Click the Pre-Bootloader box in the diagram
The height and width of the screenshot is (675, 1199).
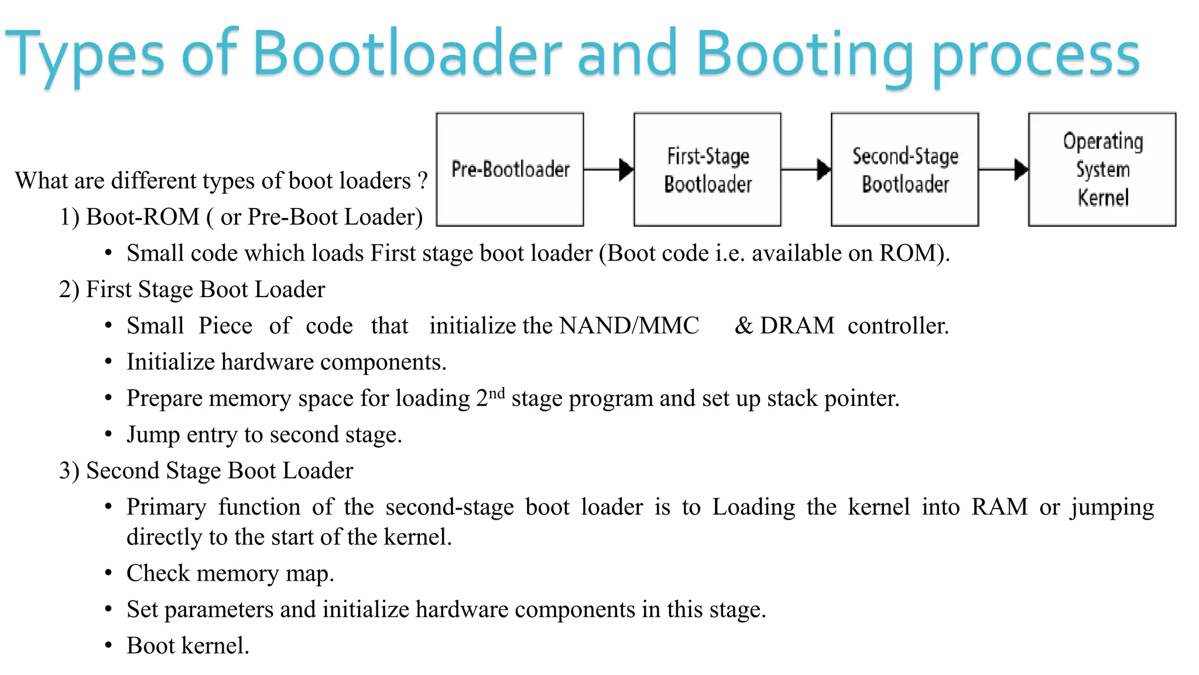pos(510,169)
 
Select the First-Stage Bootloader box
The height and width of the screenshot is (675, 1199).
pos(707,169)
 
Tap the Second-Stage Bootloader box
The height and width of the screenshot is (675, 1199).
pos(905,169)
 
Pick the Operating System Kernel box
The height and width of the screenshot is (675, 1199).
pos(1102,169)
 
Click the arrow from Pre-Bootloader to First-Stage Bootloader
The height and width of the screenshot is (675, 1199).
pos(609,169)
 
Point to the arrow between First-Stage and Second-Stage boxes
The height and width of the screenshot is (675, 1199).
pos(806,169)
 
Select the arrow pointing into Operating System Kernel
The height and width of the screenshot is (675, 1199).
pos(1003,169)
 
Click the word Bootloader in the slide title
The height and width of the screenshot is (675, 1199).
pos(407,54)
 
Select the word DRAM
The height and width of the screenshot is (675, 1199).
pos(797,326)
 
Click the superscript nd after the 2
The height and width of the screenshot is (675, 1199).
pos(496,393)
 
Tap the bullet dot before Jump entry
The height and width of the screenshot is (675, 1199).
pos(108,435)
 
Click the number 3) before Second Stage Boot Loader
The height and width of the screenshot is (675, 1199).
pos(69,471)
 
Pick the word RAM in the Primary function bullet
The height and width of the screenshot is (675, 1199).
pos(999,507)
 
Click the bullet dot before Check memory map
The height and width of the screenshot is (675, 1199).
pos(108,573)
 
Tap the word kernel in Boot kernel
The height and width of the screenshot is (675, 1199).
pos(215,646)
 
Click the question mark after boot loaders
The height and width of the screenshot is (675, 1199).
pos(423,181)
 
